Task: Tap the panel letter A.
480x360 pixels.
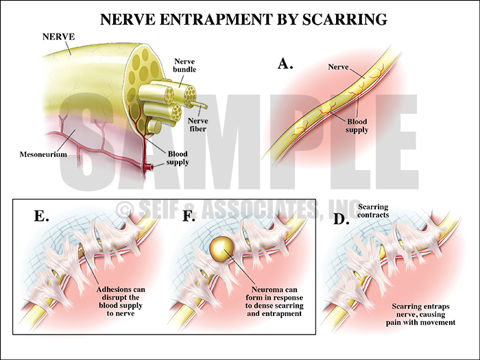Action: pos(285,64)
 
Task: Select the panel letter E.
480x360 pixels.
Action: pos(40,216)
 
